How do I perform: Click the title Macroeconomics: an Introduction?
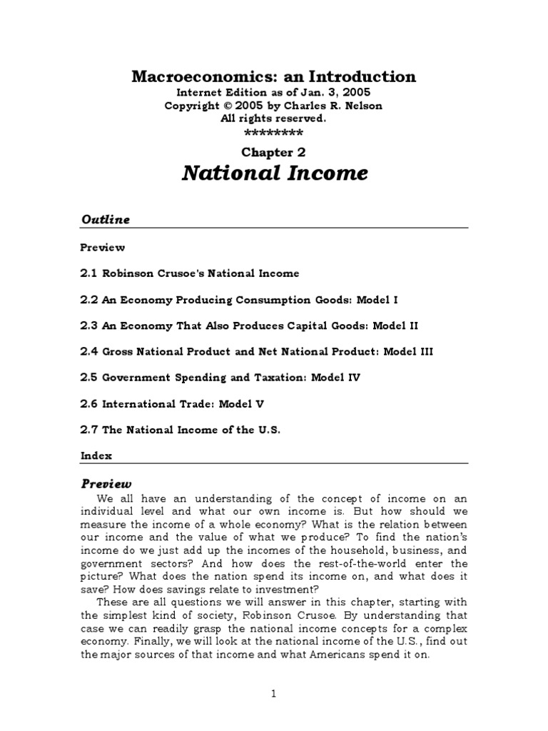pyautogui.click(x=273, y=76)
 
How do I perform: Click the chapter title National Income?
pyautogui.click(x=273, y=173)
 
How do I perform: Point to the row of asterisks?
pyautogui.click(x=273, y=133)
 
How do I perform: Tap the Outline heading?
pyautogui.click(x=104, y=219)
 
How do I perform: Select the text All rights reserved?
pyautogui.click(x=273, y=119)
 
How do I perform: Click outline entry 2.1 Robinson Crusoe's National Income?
pyautogui.click(x=189, y=273)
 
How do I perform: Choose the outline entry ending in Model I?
pyautogui.click(x=235, y=299)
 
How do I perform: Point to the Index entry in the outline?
pyautogui.click(x=96, y=455)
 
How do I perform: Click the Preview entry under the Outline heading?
pyautogui.click(x=102, y=248)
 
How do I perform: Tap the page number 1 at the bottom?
pyautogui.click(x=273, y=692)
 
